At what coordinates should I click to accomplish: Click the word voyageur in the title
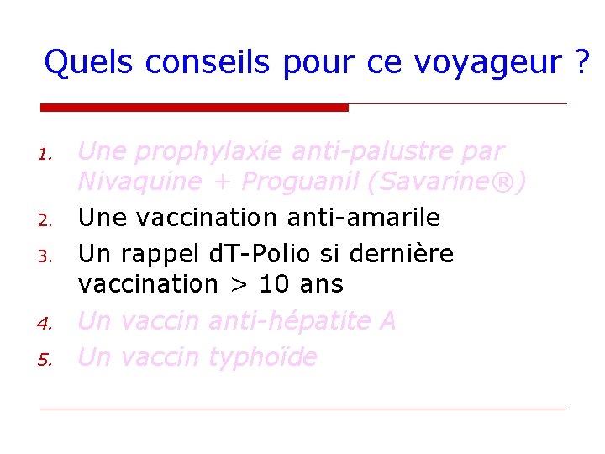pyautogui.click(x=493, y=63)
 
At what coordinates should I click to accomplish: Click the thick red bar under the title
pyautogui.click(x=194, y=108)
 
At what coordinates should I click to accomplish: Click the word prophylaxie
pyautogui.click(x=209, y=152)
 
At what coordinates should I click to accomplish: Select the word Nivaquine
pyautogui.click(x=139, y=182)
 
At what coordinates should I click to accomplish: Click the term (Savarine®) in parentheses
pyautogui.click(x=455, y=182)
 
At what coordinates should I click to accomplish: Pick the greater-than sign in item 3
pyautogui.click(x=237, y=285)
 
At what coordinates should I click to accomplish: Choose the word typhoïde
pyautogui.click(x=261, y=358)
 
